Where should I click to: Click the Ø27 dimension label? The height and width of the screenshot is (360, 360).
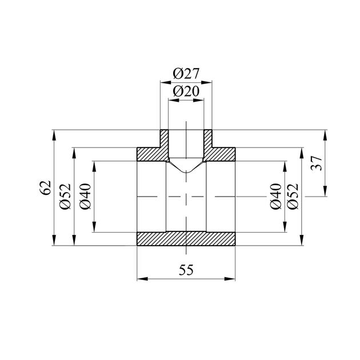(186, 74)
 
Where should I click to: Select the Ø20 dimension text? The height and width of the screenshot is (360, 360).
(186, 91)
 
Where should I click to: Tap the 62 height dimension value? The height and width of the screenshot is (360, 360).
(45, 187)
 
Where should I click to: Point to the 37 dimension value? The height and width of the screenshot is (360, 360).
(316, 163)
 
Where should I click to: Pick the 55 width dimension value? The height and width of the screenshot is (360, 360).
(186, 270)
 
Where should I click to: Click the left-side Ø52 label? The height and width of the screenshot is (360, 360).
(65, 197)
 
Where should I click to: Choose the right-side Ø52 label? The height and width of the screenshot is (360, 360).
(293, 197)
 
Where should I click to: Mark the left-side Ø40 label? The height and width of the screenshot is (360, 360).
(85, 197)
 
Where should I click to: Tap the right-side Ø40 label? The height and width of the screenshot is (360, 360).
(276, 197)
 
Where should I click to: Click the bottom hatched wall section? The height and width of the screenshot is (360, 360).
(186, 239)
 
